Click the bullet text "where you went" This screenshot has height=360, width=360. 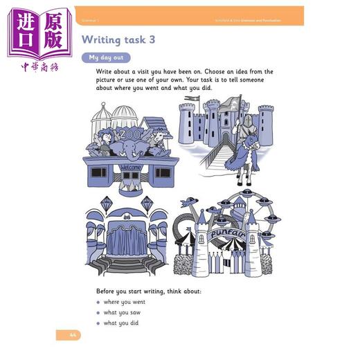(124, 303)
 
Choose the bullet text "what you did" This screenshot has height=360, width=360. (122, 323)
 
